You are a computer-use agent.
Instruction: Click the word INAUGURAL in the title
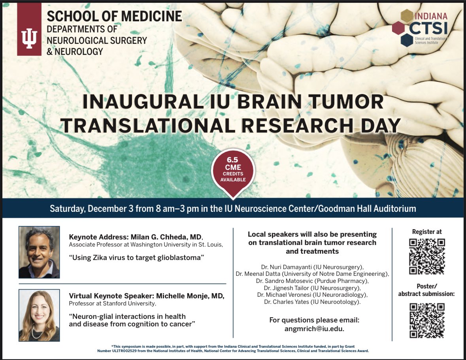point(124,102)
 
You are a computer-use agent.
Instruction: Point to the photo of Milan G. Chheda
point(39,252)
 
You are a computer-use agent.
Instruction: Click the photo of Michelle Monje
point(39,315)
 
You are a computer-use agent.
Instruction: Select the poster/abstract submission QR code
point(427,320)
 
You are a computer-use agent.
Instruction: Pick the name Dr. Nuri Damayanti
point(284,267)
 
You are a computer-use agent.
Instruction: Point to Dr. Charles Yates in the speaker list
point(285,302)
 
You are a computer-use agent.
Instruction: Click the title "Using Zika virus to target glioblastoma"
point(136,258)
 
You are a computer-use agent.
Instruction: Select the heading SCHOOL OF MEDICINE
point(114,16)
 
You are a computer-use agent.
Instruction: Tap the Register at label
point(427,232)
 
